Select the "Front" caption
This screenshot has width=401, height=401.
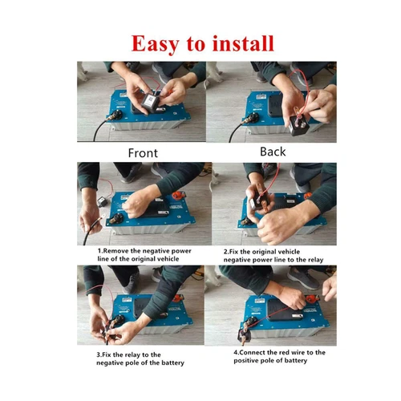coord(146,152)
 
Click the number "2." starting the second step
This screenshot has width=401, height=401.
coord(227,250)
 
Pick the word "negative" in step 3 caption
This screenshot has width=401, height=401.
coord(110,363)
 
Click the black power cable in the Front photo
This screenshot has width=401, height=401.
coord(92,128)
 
